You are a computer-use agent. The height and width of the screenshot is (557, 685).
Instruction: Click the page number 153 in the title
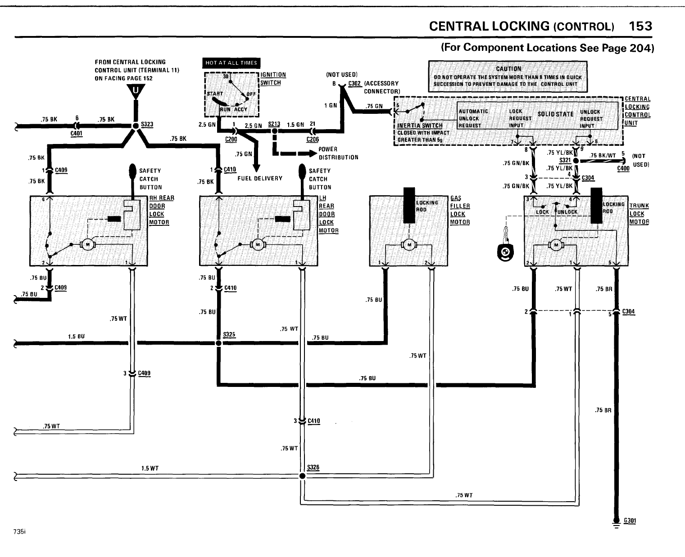640,26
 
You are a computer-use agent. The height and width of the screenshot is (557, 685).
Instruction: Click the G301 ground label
630,521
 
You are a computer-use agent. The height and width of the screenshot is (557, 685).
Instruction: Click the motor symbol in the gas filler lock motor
409,244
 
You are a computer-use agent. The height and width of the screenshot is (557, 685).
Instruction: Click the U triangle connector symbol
135,93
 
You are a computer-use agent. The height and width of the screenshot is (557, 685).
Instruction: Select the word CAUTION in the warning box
508,69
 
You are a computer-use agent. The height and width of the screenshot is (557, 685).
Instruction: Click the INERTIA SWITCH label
420,126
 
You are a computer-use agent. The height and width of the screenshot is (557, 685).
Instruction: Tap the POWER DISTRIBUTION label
338,153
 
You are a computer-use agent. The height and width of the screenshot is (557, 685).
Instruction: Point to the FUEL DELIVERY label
260,178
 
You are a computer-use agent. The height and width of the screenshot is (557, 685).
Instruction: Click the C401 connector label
76,133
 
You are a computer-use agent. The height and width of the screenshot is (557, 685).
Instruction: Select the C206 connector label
312,139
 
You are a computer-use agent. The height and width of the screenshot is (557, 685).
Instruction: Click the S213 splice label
274,124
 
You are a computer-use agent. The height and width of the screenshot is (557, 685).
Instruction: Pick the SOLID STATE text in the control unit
556,114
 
